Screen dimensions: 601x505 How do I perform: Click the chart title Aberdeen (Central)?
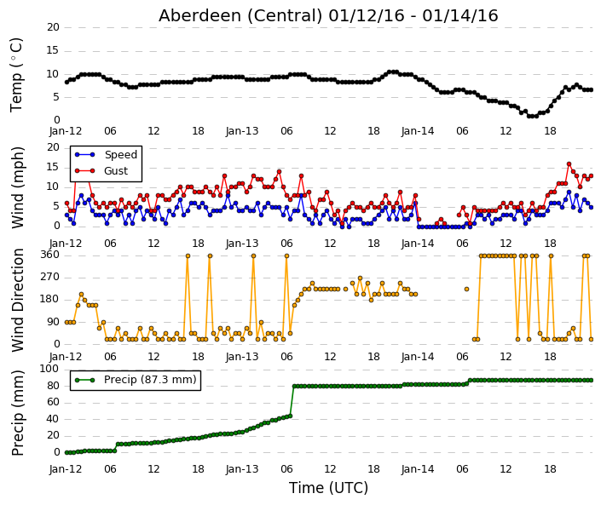240,16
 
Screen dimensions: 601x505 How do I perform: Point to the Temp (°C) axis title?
16,75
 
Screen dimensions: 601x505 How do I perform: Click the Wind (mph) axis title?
18,187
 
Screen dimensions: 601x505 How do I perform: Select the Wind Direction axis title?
18,300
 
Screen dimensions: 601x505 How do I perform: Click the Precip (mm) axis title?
18,413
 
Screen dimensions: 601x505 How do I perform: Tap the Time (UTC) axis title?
328,488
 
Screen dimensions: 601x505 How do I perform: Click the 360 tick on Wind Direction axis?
49,255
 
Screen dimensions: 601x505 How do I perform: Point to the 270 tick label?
49,277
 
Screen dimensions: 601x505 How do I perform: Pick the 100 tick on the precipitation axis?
49,369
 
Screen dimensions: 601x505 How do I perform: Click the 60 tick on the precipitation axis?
53,402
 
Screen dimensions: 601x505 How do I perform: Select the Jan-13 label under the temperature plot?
242,131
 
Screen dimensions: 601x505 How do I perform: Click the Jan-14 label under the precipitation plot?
418,469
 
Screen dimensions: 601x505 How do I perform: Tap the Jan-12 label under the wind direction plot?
66,357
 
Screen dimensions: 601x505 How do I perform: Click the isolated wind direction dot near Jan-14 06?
466,289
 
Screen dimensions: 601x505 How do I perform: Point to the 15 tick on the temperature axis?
53,50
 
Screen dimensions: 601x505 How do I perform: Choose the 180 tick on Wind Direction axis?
49,300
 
